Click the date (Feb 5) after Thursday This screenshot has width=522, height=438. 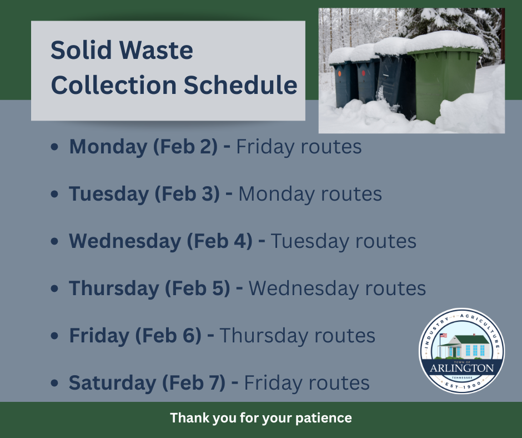point(197,288)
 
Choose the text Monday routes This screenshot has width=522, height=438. point(310,194)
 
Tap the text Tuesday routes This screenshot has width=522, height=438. point(343,241)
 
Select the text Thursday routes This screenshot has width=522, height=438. point(297,336)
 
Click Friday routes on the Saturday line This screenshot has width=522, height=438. point(307,383)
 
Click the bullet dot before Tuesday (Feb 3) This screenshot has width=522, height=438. point(54,195)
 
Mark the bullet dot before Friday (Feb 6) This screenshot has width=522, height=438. point(54,336)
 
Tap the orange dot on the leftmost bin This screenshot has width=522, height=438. point(339,72)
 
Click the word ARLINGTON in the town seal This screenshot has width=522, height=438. point(461,368)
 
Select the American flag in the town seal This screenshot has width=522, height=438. point(443,336)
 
